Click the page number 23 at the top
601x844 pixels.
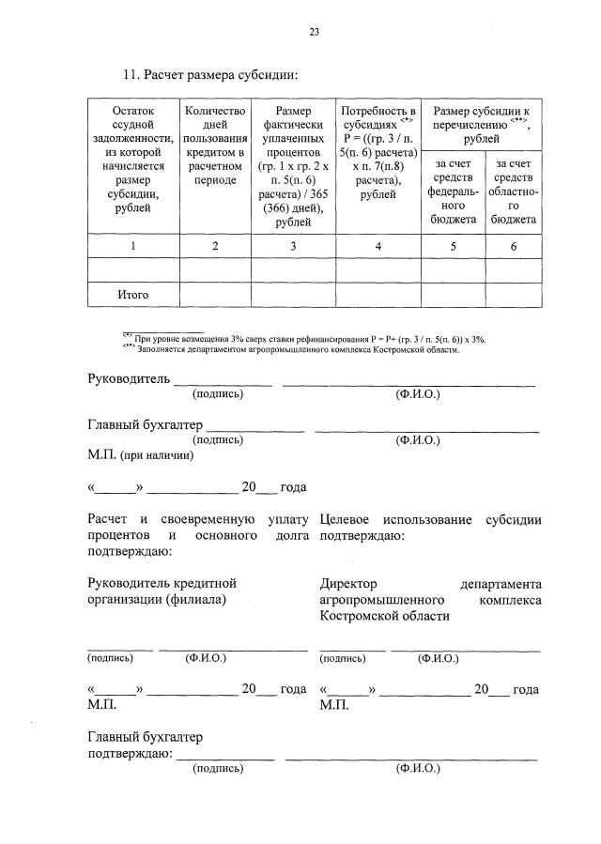315,32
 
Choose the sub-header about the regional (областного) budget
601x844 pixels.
513,192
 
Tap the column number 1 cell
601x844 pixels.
133,246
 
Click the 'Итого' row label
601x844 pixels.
133,295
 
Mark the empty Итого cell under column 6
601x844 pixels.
513,295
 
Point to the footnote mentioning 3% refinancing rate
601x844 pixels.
310,337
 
